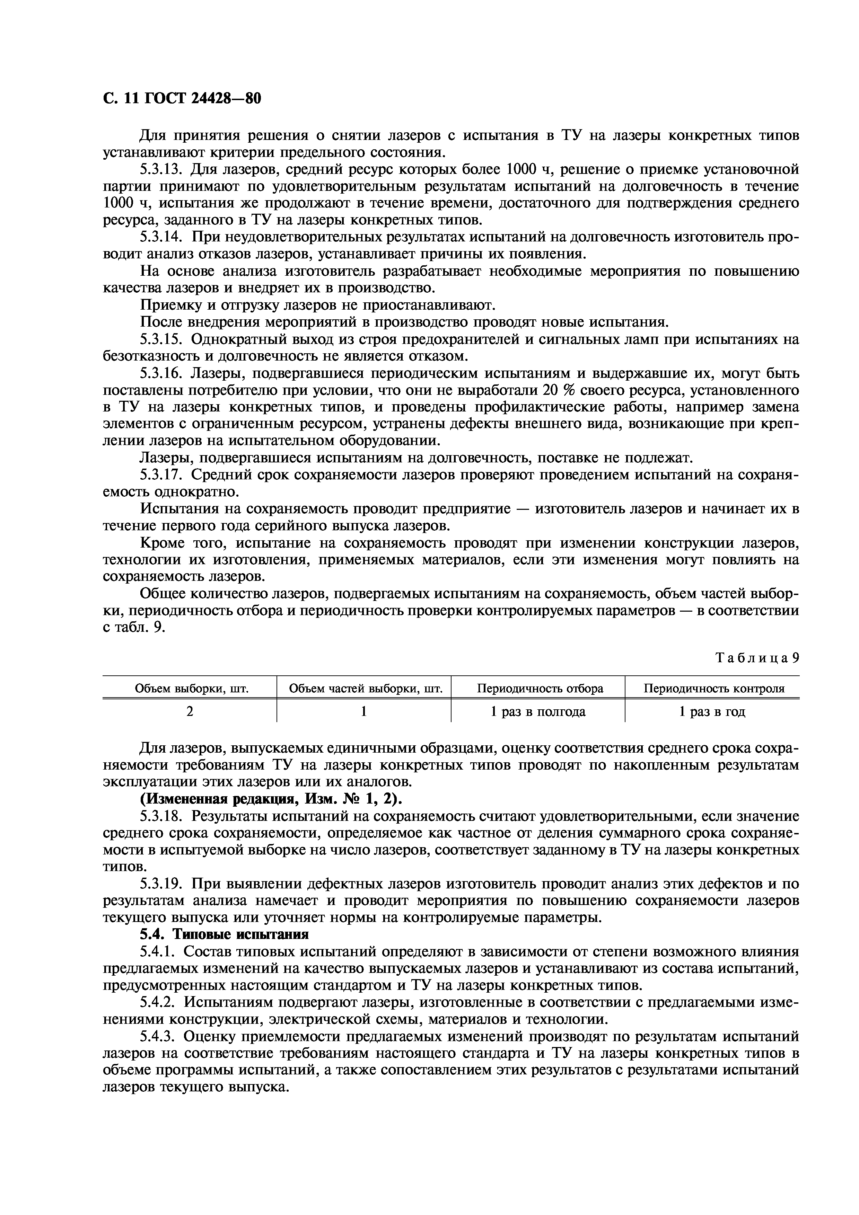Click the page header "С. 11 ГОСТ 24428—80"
coord(182,98)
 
